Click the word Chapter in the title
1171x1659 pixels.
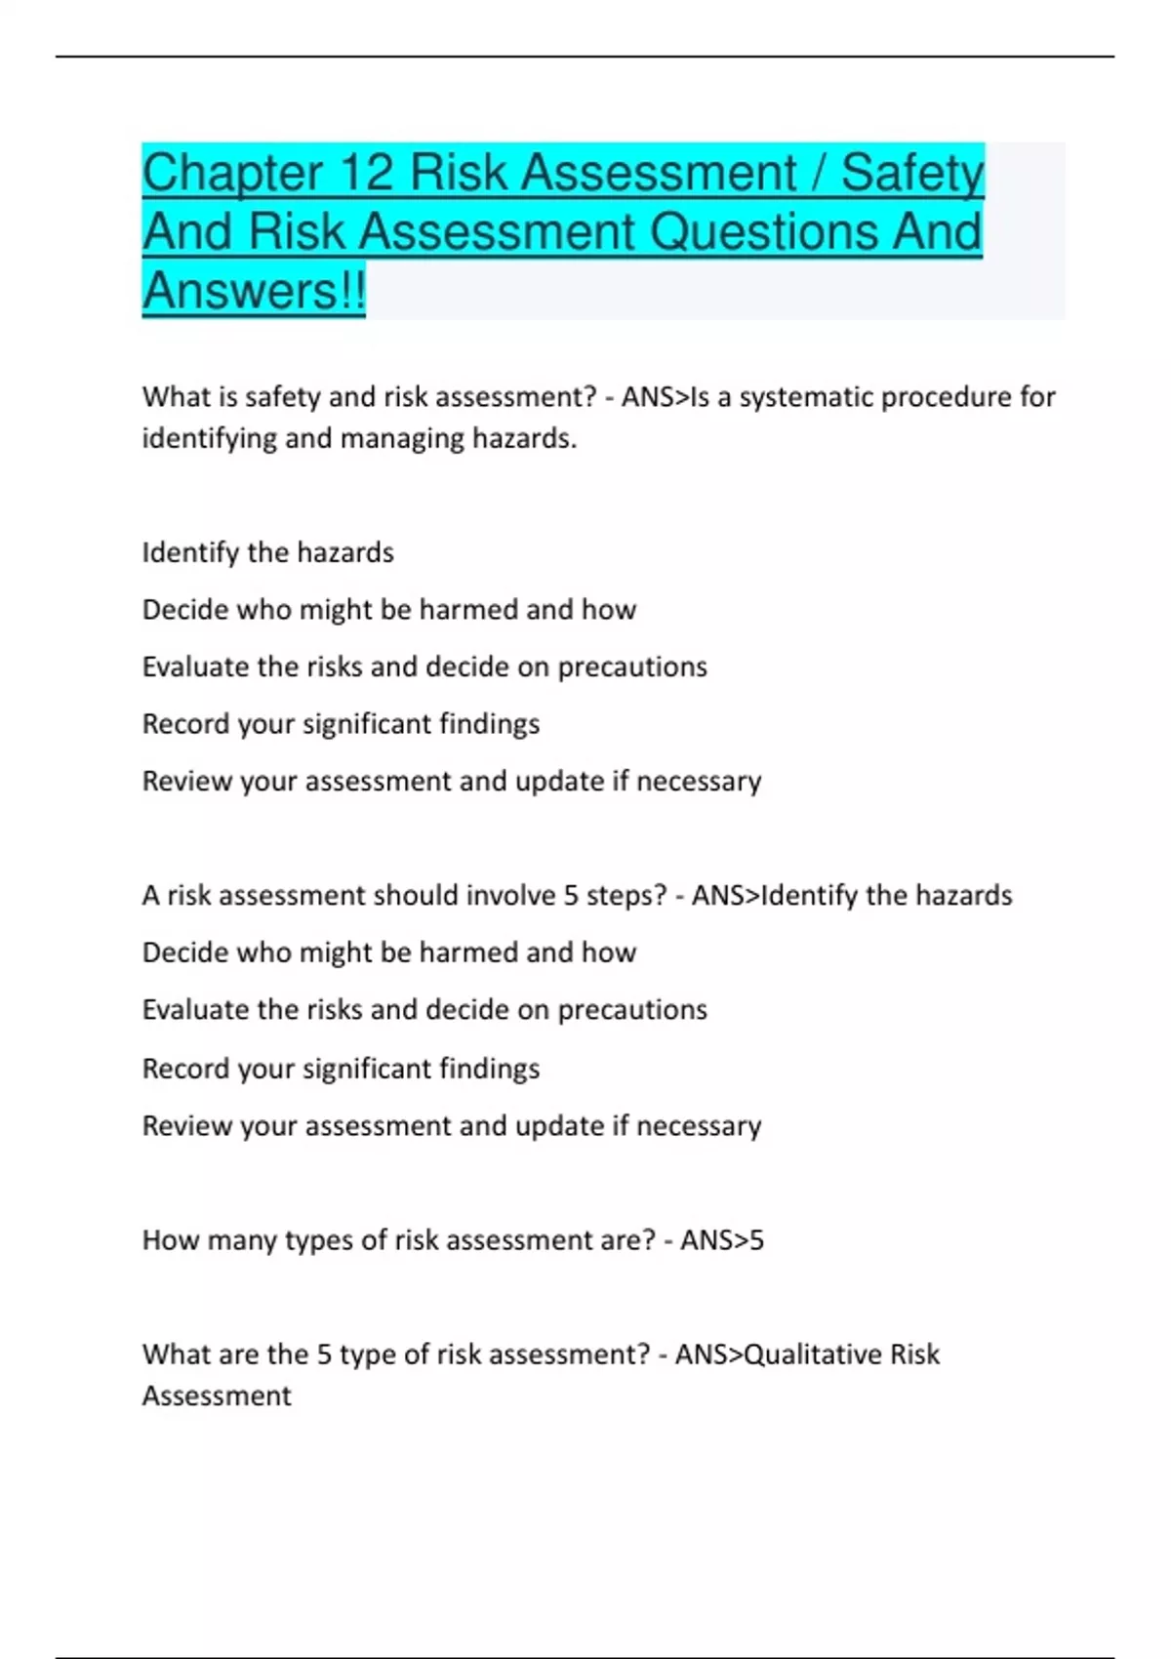pyautogui.click(x=232, y=174)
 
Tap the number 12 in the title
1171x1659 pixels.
pyautogui.click(x=366, y=174)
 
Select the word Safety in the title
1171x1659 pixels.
pyautogui.click(x=911, y=174)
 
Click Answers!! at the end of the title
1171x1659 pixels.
pyautogui.click(x=254, y=291)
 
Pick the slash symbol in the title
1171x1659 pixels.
pyautogui.click(x=819, y=174)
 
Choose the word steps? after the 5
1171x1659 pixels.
pyautogui.click(x=626, y=895)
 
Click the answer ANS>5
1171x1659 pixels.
pyautogui.click(x=721, y=1240)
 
